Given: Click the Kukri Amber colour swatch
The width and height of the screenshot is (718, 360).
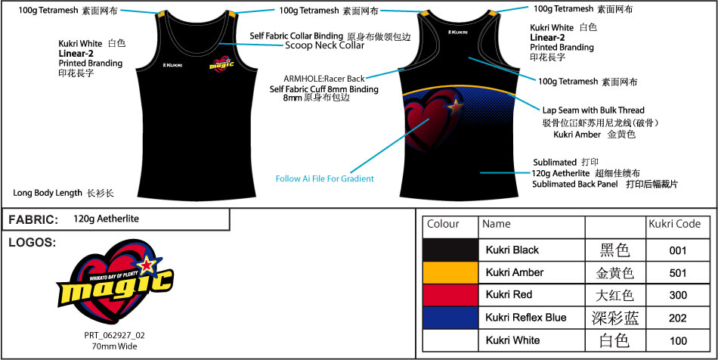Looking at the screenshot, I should (450, 272).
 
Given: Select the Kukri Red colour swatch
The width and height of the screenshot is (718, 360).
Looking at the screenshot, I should (450, 295).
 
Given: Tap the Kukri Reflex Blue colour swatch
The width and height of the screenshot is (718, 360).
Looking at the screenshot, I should (450, 318).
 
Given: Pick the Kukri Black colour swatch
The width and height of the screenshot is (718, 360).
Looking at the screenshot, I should (450, 250).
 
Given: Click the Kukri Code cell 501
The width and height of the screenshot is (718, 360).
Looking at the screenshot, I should (678, 272).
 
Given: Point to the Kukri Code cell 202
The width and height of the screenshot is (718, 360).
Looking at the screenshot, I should (678, 318).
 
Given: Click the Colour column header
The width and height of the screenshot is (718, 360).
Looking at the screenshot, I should (443, 225).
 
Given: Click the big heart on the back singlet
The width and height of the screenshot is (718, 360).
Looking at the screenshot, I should (428, 121).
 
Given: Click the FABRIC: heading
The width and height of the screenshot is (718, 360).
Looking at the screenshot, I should (33, 219).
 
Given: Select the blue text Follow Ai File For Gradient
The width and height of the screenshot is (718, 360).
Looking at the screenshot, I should (324, 178).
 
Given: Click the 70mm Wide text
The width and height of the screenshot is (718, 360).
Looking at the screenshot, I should (114, 346).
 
